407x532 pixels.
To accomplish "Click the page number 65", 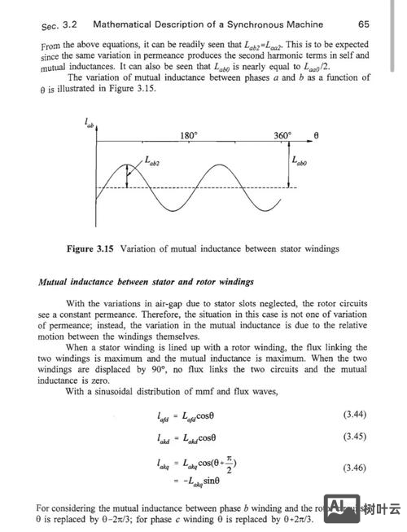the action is pyautogui.click(x=363, y=24).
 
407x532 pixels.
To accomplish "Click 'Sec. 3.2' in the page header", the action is pyautogui.click(x=62, y=26).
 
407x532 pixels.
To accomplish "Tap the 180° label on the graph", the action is pyautogui.click(x=189, y=135).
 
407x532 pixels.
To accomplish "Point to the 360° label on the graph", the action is pyautogui.click(x=282, y=135).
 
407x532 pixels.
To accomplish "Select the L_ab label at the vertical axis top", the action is pyautogui.click(x=89, y=122).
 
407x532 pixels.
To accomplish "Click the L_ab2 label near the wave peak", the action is pyautogui.click(x=152, y=162).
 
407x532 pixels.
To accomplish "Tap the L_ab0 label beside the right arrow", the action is pyautogui.click(x=300, y=160).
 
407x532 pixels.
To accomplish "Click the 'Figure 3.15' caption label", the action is pyautogui.click(x=90, y=248).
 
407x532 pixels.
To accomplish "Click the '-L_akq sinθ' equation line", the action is pyautogui.click(x=196, y=481).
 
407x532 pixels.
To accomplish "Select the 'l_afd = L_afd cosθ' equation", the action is pyautogui.click(x=191, y=416).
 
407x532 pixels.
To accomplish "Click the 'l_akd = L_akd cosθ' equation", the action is pyautogui.click(x=191, y=437).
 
